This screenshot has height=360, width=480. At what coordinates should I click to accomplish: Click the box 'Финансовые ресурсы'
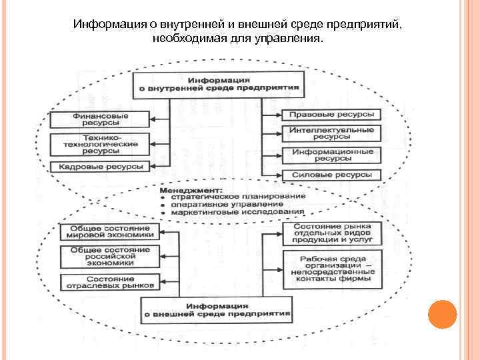(x=101, y=119)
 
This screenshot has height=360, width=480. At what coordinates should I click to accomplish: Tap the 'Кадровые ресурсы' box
(x=101, y=166)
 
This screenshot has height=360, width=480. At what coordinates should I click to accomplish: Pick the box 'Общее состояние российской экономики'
(x=110, y=255)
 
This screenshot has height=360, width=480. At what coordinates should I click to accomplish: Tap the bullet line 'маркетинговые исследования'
(x=237, y=212)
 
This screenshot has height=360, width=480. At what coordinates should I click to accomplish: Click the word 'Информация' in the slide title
(x=111, y=25)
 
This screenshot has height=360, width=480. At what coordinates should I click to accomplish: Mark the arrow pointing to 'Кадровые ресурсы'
(x=157, y=166)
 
